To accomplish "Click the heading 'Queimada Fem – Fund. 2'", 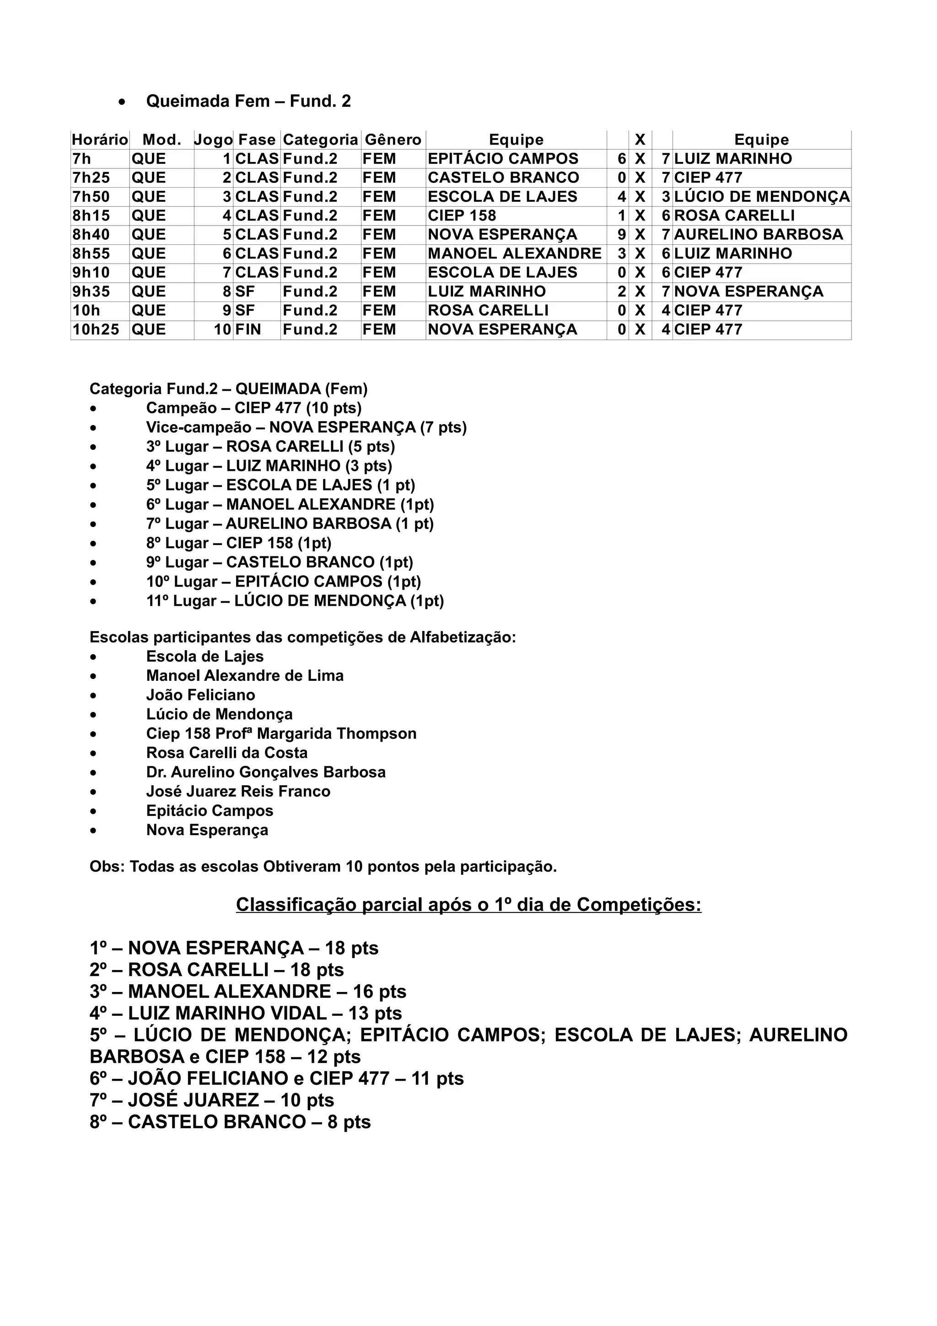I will (x=248, y=101).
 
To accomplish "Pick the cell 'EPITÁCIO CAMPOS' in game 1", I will (x=503, y=159).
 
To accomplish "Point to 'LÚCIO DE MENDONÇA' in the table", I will (x=761, y=197).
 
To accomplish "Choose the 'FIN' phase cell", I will (x=248, y=330).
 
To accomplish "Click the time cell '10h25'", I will (x=96, y=330).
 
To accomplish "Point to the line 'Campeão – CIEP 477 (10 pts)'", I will (x=253, y=408).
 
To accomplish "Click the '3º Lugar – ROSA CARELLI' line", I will (x=270, y=447).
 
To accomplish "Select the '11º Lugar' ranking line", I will (x=295, y=601).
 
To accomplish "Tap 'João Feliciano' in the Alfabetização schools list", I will (x=200, y=695).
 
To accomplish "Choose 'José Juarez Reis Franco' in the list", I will (x=238, y=792).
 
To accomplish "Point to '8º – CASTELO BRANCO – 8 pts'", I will (x=230, y=1122).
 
